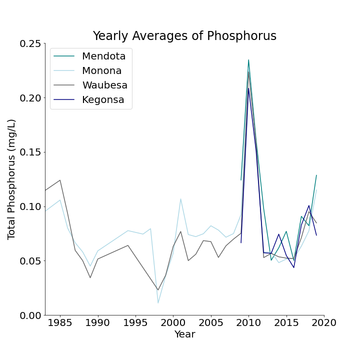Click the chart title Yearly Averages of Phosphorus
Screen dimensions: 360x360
[x=184, y=36]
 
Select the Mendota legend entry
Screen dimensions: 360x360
[x=103, y=56]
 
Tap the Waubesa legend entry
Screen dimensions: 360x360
[x=104, y=85]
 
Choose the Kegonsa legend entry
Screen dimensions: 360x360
[x=103, y=99]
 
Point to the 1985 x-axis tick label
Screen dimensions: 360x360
[x=60, y=324]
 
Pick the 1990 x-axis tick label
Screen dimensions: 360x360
[x=97, y=324]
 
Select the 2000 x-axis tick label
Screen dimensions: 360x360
[x=173, y=324]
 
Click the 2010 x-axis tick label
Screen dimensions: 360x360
[x=248, y=324]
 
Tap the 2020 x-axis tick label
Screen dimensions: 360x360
[x=324, y=324]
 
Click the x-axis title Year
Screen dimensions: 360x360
[x=184, y=334]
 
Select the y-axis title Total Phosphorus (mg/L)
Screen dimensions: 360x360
[x=12, y=179]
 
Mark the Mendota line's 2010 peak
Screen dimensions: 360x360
[x=248, y=60]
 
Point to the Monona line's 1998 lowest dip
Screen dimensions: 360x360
[x=158, y=303]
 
